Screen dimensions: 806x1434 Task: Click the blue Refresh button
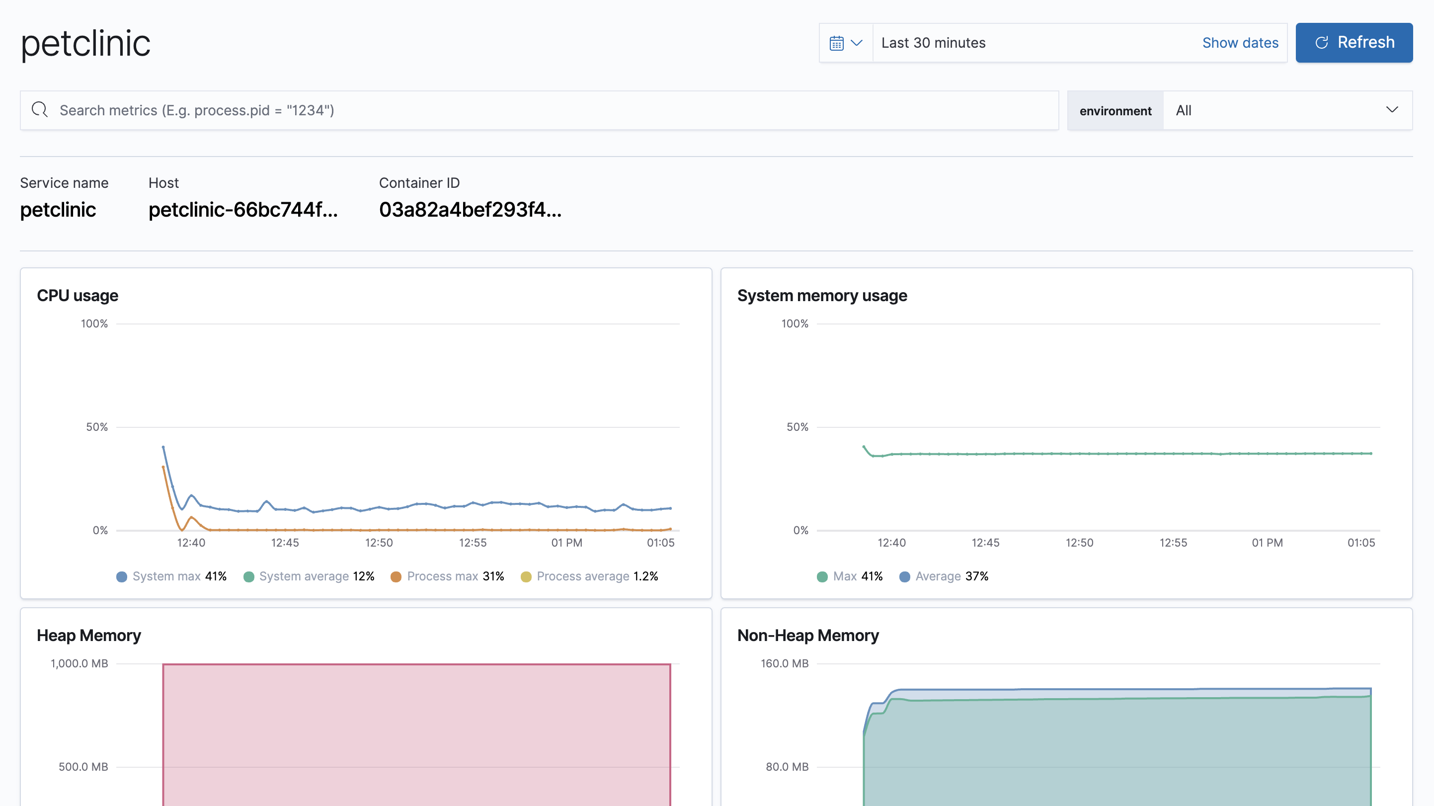coord(1354,42)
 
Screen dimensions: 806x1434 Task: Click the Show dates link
coord(1240,43)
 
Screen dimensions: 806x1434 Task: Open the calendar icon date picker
coord(845,43)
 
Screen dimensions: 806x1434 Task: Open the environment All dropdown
coord(1286,110)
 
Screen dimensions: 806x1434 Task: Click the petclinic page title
coord(86,43)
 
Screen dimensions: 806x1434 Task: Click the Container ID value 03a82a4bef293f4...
coord(470,210)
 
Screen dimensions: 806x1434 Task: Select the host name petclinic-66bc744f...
coord(242,210)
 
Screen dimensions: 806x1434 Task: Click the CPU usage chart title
coord(78,296)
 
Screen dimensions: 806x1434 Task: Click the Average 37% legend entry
coord(944,576)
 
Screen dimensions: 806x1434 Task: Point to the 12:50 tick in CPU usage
coord(379,542)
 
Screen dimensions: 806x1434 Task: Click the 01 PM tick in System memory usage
coord(1267,542)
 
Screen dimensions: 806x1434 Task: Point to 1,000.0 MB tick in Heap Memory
coord(79,663)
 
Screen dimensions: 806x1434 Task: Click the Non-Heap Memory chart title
coord(808,635)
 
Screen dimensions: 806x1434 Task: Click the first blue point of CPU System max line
coord(163,447)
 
